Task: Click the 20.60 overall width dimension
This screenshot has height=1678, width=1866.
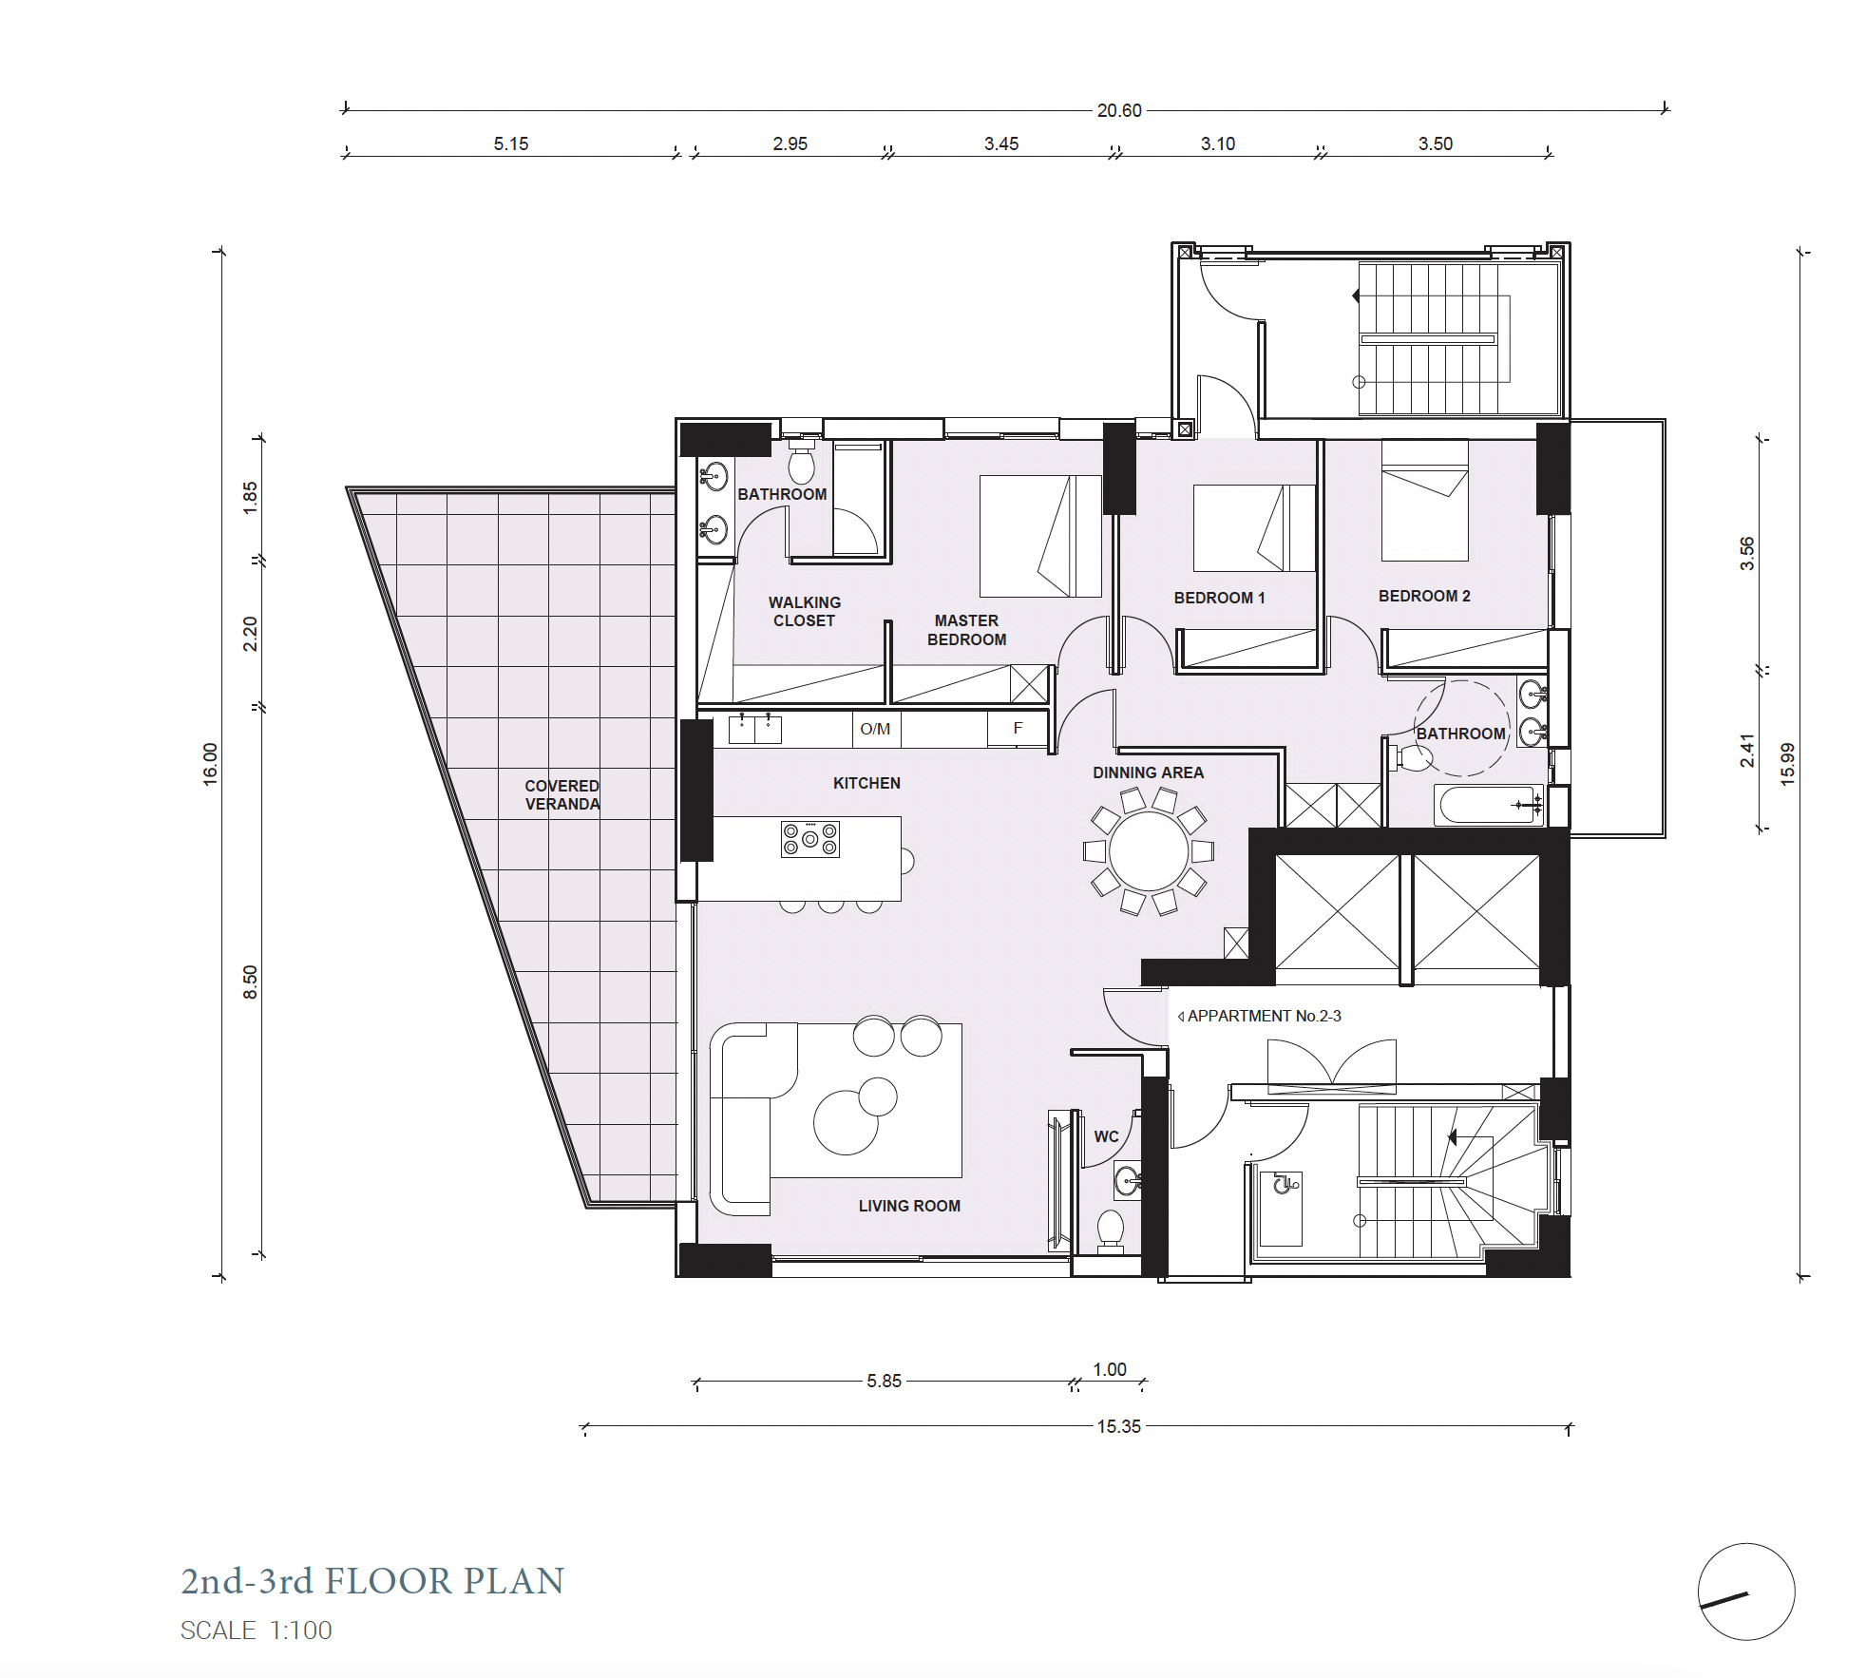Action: (x=1119, y=110)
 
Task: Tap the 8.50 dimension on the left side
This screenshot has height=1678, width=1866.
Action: (x=250, y=982)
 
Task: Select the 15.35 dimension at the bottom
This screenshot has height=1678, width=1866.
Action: (x=1119, y=1426)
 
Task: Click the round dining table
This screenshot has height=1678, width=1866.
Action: (x=1149, y=851)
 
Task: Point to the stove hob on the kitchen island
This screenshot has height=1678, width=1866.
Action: (x=810, y=839)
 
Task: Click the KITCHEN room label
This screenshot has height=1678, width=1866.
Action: (x=866, y=783)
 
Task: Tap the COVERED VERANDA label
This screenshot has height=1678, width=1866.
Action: (x=562, y=794)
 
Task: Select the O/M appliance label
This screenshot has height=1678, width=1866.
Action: (x=875, y=729)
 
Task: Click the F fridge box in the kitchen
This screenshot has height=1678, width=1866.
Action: (x=1018, y=729)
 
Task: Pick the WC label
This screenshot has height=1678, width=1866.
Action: (x=1106, y=1136)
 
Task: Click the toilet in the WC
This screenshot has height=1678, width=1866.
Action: (x=1111, y=1230)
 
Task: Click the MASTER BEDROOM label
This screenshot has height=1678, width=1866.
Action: (x=966, y=630)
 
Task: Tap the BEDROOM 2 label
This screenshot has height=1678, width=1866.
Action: (x=1424, y=596)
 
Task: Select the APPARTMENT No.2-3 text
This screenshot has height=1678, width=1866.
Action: (x=1265, y=1016)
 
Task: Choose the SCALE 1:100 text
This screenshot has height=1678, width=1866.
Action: (x=257, y=1630)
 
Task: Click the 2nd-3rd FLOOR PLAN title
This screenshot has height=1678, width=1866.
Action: (x=372, y=1581)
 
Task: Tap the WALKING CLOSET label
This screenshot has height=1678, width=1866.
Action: (x=805, y=611)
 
